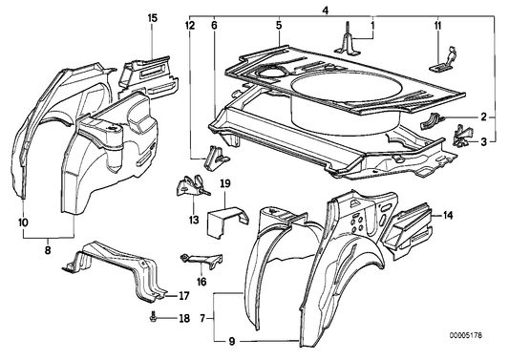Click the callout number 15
[153, 18]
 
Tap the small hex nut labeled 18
[156, 317]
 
